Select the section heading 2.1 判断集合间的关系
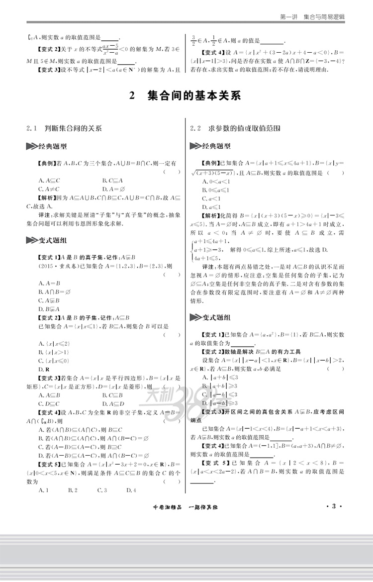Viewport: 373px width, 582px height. click(x=64, y=128)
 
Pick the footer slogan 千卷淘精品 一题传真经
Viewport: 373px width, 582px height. click(x=187, y=507)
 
